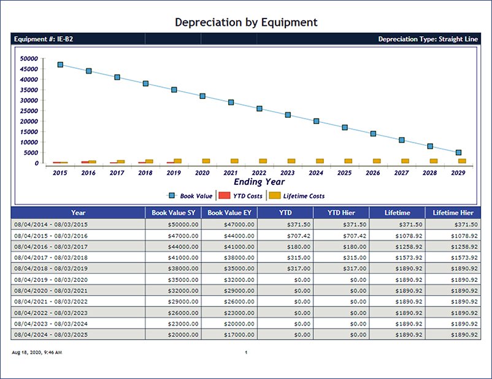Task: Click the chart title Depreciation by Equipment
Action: [x=246, y=22]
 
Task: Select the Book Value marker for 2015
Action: [x=60, y=64]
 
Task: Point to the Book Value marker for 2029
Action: [x=458, y=152]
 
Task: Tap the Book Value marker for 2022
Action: [x=259, y=109]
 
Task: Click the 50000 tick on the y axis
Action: [x=29, y=58]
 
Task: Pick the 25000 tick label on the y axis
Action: [x=29, y=111]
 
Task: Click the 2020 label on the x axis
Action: [x=202, y=173]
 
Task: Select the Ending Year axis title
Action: [x=259, y=182]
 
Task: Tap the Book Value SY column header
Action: [x=173, y=213]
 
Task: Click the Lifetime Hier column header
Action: [x=453, y=213]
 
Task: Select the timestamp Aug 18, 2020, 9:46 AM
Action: [x=37, y=353]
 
